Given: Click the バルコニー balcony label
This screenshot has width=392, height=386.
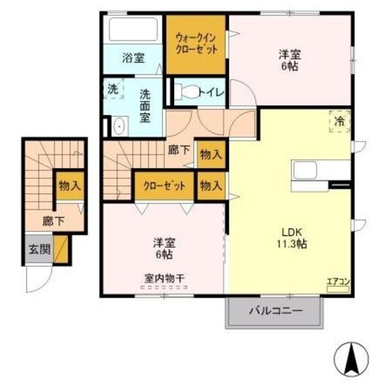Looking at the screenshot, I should pyautogui.click(x=276, y=311).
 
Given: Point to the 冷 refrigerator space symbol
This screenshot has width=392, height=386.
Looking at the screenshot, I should pyautogui.click(x=339, y=120).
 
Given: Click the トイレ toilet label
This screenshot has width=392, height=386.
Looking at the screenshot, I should pyautogui.click(x=210, y=93).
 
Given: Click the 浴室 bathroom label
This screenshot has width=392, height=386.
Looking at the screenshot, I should pyautogui.click(x=133, y=59).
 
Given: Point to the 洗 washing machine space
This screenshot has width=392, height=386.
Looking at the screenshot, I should pyautogui.click(x=113, y=88).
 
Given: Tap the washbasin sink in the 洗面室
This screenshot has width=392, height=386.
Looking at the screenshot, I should pyautogui.click(x=119, y=127).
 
